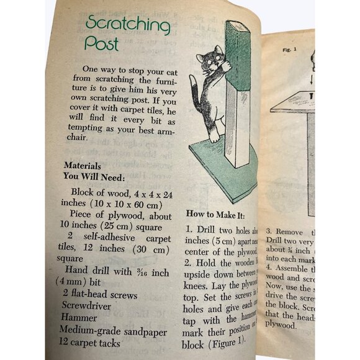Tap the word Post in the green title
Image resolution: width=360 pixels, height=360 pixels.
coord(102,45)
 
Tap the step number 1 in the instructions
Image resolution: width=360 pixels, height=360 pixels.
coord(189,229)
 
